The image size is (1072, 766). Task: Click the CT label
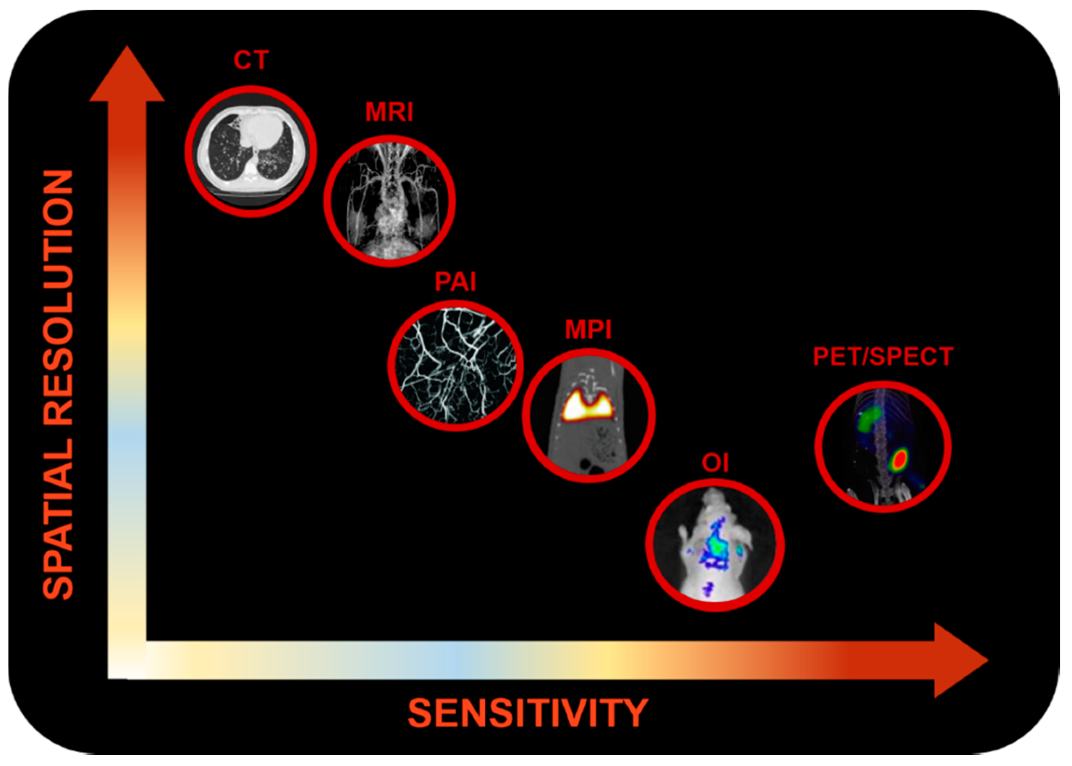click(x=251, y=60)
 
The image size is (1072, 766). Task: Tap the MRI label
click(x=389, y=112)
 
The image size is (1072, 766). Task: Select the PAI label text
click(x=455, y=282)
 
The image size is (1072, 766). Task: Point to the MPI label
click(x=588, y=330)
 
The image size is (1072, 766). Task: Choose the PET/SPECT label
click(x=883, y=356)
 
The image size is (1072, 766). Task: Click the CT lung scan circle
click(x=251, y=151)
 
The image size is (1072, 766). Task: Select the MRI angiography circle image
click(x=390, y=200)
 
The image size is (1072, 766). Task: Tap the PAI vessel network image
click(x=456, y=366)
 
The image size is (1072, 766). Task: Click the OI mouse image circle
click(x=715, y=545)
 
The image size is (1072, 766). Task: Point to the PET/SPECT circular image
click(x=883, y=447)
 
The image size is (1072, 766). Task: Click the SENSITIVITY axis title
click(x=528, y=713)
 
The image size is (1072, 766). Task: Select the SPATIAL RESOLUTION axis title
click(x=58, y=385)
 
